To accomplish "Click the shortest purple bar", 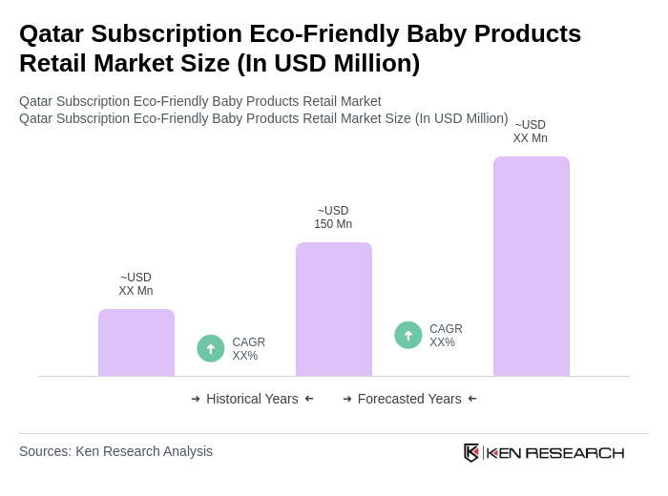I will pyautogui.click(x=136, y=342).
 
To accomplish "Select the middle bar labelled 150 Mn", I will pyautogui.click(x=334, y=309).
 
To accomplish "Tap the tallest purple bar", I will pyautogui.click(x=532, y=266).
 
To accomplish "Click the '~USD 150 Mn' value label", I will pyautogui.click(x=333, y=217).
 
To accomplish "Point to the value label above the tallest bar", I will pyautogui.click(x=531, y=132).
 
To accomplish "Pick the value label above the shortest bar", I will pyautogui.click(x=136, y=284).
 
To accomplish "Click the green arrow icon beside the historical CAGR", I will pyautogui.click(x=211, y=348).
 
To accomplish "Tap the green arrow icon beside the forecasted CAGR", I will pyautogui.click(x=408, y=335).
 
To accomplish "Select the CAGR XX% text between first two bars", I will pyautogui.click(x=248, y=349).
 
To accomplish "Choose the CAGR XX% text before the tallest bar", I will pyautogui.click(x=446, y=336).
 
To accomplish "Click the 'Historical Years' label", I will pyautogui.click(x=252, y=399).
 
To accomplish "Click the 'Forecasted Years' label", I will pyautogui.click(x=409, y=399).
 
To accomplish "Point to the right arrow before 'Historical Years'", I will pyautogui.click(x=196, y=399).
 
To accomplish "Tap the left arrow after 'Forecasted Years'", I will pyautogui.click(x=472, y=399).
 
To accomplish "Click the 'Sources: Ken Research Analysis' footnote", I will pyautogui.click(x=115, y=451).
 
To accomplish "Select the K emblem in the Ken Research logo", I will pyautogui.click(x=471, y=452).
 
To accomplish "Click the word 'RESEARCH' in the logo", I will pyautogui.click(x=574, y=452).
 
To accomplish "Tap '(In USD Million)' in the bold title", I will pyautogui.click(x=328, y=63).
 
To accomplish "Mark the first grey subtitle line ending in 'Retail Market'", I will pyautogui.click(x=200, y=101).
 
